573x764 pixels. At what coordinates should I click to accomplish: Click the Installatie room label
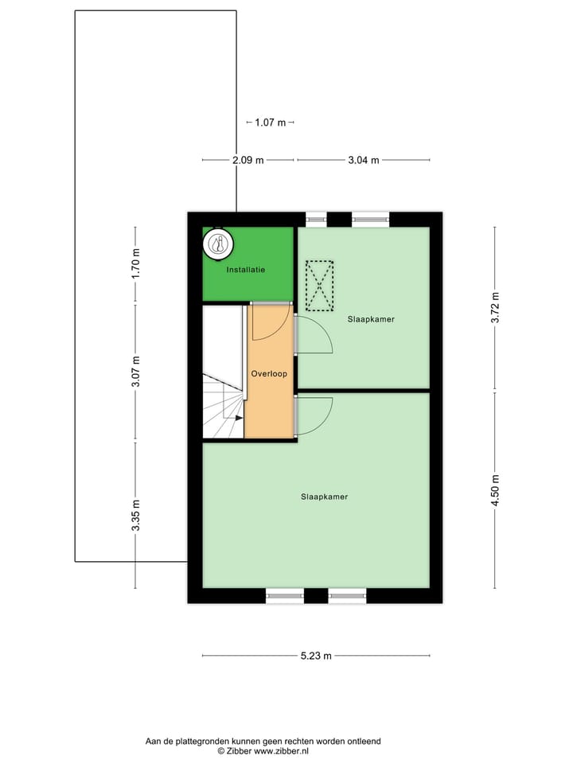pos(246,270)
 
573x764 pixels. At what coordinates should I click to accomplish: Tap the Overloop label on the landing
pos(268,373)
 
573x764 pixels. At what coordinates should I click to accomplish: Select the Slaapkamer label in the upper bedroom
pos(371,319)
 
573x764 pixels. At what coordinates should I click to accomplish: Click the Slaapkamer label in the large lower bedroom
pos(324,497)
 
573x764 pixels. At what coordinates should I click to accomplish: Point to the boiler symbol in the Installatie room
pos(217,244)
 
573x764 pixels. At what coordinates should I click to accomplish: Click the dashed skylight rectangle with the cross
pos(321,286)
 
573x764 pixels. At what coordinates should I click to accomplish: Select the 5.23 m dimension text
pos(316,656)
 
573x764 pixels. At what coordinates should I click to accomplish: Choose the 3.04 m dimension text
pos(364,160)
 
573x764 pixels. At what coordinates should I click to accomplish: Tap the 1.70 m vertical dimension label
pos(135,263)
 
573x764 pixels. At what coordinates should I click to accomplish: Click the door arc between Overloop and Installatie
pos(270,321)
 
